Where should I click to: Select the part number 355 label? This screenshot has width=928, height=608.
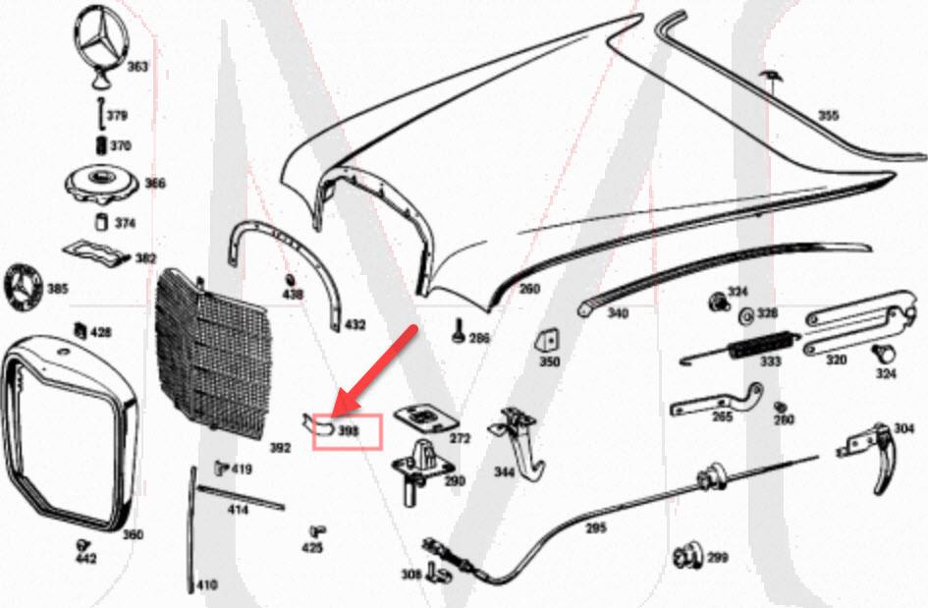tap(829, 116)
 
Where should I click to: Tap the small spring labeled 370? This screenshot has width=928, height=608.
tap(99, 145)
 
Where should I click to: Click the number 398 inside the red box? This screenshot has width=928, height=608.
tap(349, 431)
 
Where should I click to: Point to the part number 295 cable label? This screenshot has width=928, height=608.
tap(596, 527)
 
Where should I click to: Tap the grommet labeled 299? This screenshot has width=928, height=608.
tap(687, 557)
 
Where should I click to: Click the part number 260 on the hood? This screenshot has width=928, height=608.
tap(529, 289)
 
